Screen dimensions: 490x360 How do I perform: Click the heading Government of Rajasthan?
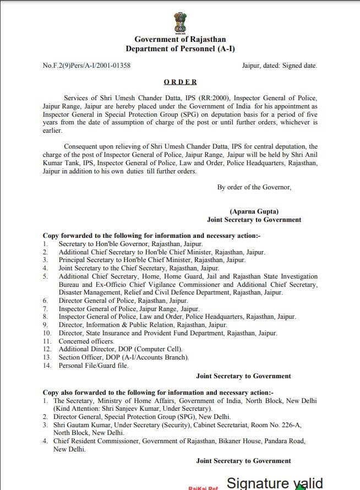coord(179,40)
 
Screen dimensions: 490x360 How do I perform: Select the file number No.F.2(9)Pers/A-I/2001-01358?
coord(86,66)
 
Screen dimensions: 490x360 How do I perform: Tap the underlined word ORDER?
coord(180,81)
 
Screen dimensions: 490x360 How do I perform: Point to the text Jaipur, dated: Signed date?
coord(279,66)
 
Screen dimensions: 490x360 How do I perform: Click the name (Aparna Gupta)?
coord(254,211)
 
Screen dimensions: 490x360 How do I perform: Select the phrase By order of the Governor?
coord(254,187)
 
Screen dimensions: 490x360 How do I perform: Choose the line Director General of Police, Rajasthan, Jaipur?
coord(123,301)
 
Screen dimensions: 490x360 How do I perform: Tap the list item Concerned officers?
coord(86,341)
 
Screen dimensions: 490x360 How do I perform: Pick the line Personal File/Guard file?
coord(94,366)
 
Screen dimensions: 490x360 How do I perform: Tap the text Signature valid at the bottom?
coord(275,483)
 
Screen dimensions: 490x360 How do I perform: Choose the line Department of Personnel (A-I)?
coord(179,49)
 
